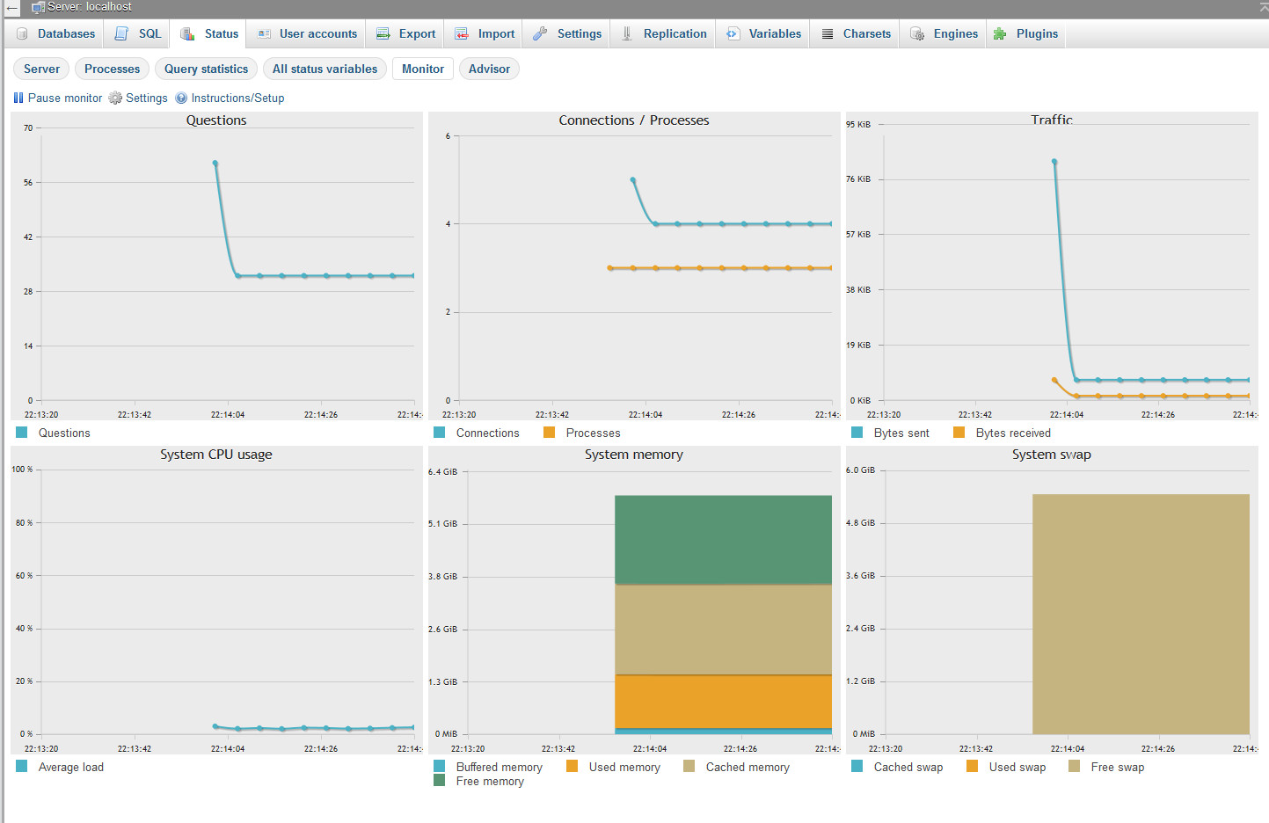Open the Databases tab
pos(55,34)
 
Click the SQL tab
pos(138,34)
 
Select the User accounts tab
pos(307,34)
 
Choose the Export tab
pos(405,34)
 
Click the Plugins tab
pos(1025,34)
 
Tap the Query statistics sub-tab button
pos(206,69)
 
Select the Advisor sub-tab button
pos(489,69)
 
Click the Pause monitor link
pos(58,98)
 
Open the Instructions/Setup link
pos(230,98)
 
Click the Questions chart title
pos(216,120)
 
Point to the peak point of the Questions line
pos(215,164)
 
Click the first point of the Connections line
pos(633,180)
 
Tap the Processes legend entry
pos(582,433)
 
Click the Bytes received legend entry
pos(1003,433)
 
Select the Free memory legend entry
pos(479,781)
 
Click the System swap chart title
pos(1052,455)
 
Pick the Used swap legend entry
pos(1006,767)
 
